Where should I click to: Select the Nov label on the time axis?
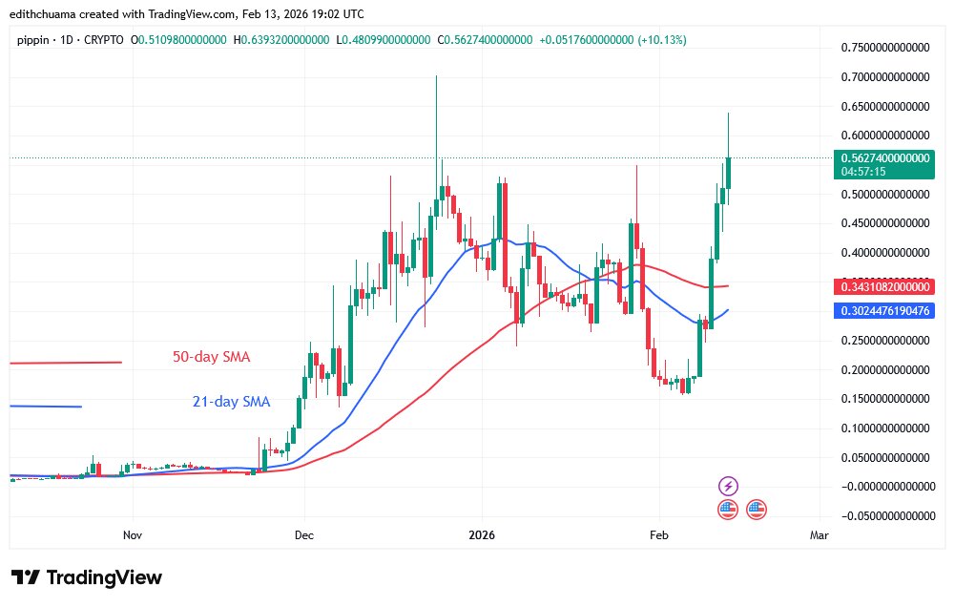(133, 536)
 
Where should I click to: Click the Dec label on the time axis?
(304, 536)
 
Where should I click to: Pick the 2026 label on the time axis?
(482, 536)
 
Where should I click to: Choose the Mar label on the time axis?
(819, 536)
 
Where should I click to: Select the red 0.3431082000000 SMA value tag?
(883, 286)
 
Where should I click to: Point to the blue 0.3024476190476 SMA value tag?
(883, 310)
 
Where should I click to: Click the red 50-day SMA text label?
(212, 357)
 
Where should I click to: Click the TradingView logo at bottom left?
(86, 578)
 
